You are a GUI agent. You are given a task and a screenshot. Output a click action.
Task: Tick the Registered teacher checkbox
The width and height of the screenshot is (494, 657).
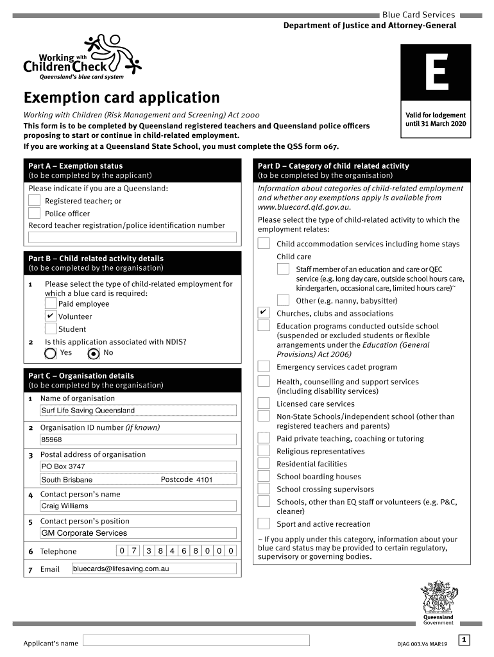tap(34, 201)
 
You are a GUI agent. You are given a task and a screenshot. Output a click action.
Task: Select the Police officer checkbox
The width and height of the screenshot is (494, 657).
tap(34, 214)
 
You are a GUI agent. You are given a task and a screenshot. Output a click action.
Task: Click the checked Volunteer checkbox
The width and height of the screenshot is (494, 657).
tap(51, 316)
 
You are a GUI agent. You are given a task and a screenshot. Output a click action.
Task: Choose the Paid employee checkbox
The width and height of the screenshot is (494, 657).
tap(51, 303)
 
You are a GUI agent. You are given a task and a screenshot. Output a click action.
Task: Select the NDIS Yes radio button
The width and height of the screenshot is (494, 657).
tap(51, 353)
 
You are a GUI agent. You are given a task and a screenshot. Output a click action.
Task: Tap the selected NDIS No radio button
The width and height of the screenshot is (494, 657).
tap(94, 353)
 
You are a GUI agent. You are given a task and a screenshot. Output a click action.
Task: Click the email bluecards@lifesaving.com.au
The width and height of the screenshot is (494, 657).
tap(154, 568)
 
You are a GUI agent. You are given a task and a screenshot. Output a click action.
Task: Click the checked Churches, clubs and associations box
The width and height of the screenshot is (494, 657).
tap(264, 312)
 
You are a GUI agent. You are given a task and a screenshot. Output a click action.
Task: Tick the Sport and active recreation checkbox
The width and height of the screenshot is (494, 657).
tap(264, 524)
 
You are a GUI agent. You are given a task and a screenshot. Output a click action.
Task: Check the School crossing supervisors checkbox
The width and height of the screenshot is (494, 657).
tap(264, 489)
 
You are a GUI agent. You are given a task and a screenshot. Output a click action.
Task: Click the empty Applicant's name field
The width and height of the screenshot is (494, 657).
tap(196, 640)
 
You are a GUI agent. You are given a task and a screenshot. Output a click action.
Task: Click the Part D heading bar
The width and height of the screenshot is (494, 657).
tap(363, 171)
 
